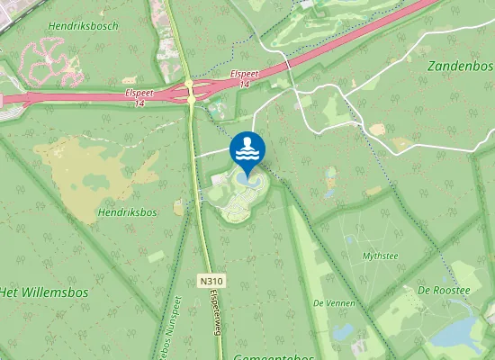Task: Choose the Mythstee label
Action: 379,256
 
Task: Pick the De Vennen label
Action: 330,303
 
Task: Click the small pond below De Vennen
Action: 341,331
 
